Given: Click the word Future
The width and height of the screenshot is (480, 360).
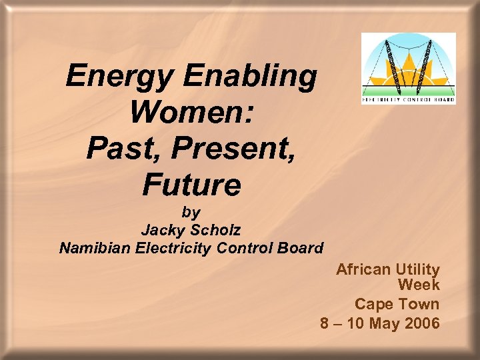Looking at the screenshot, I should [x=191, y=185].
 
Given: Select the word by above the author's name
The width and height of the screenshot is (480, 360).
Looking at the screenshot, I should [x=191, y=213].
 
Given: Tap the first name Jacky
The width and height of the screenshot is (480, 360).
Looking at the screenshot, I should [x=164, y=231].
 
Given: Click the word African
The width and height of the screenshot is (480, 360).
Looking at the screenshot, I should [x=363, y=270].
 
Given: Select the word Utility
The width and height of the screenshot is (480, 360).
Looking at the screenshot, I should [x=418, y=270].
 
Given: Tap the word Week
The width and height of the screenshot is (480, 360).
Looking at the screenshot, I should [x=419, y=286].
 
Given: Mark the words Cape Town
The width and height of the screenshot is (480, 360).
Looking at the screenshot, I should [x=397, y=305].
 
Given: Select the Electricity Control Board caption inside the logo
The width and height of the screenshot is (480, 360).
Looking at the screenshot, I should [x=408, y=100].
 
